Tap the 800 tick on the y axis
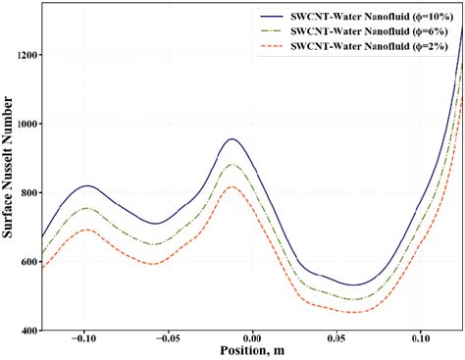point(25,193)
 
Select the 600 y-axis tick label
point(25,262)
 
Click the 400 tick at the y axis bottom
point(25,332)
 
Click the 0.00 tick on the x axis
point(253,342)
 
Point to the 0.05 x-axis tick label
point(336,342)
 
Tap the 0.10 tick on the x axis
point(421,342)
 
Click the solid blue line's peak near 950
point(232,139)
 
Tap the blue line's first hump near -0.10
point(87,185)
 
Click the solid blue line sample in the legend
point(276,16)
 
